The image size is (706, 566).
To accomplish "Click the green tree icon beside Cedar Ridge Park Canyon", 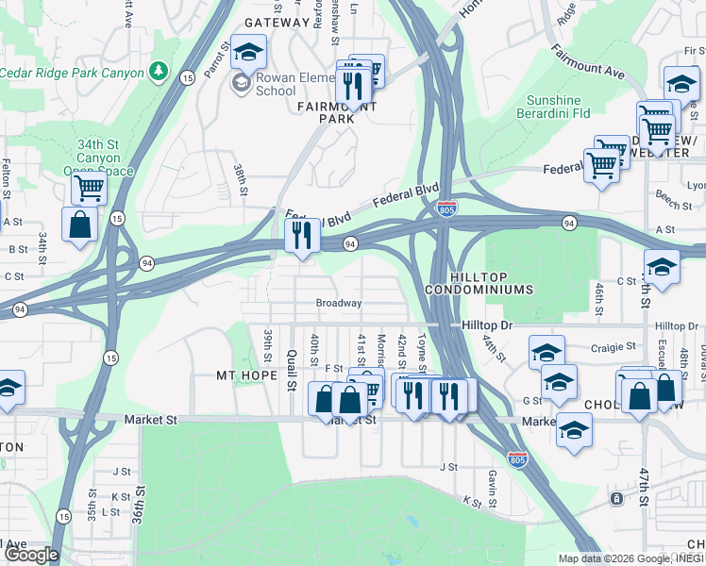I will [160, 73].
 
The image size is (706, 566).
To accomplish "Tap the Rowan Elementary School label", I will [276, 85].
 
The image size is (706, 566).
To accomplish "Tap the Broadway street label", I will [339, 304].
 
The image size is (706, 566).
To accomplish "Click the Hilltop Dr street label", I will [487, 325].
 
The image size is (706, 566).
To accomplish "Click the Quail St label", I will [292, 369].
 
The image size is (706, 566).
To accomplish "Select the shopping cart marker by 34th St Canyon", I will [89, 188].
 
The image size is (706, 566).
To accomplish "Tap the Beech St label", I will [666, 204].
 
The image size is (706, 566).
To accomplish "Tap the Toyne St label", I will [422, 353].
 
